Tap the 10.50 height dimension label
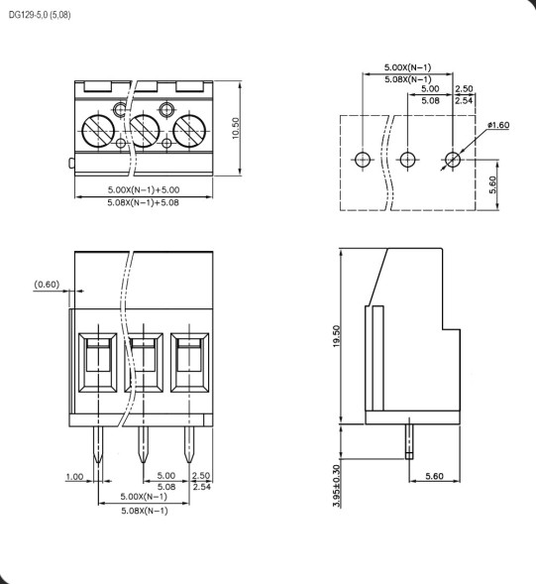coord(236,128)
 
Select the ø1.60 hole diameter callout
coord(498,125)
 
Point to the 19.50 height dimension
coord(337,336)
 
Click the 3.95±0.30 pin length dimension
coord(337,486)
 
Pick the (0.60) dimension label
coord(47,285)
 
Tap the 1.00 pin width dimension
coord(74,476)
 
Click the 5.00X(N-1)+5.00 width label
coord(144,189)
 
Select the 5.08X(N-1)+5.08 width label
coord(144,202)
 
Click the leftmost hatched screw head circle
coord(98,131)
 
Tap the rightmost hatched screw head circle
coord(189,131)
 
